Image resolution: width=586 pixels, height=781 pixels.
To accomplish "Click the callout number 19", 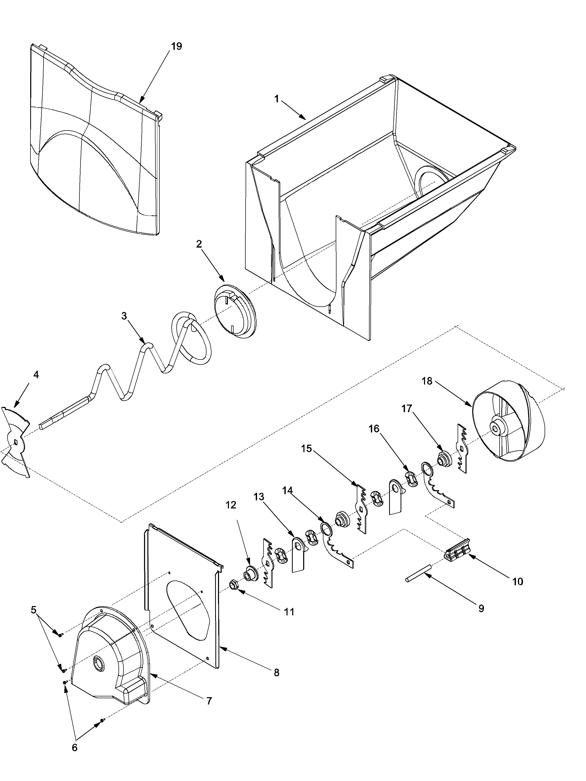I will pyautogui.click(x=176, y=46).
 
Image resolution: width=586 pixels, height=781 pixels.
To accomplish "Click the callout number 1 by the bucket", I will pyautogui.click(x=277, y=99).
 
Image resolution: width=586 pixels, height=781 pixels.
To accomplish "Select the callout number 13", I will pyautogui.click(x=259, y=497).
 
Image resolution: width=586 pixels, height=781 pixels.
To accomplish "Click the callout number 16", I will pyautogui.click(x=374, y=429).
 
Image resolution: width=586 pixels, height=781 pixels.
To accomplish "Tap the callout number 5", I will pyautogui.click(x=34, y=610).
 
